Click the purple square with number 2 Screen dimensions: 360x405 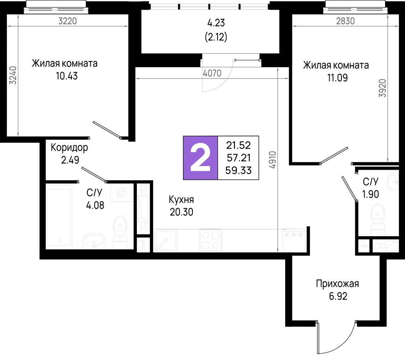tap(200, 158)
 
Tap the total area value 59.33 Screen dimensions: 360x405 tap(239, 170)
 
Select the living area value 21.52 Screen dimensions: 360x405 tap(239, 145)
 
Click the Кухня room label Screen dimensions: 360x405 tap(181, 200)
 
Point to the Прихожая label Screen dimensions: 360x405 tap(337, 283)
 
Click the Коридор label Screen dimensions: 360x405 tap(69, 148)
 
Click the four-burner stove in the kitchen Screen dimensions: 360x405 tap(211, 240)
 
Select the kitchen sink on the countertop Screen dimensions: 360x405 tap(166, 241)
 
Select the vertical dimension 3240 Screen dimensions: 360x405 tap(13, 76)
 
